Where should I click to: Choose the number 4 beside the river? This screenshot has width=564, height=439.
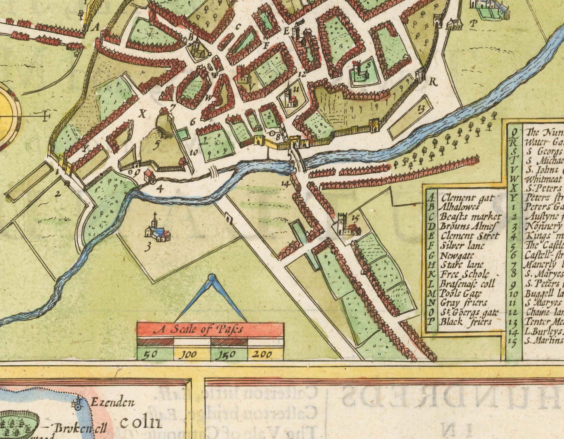pyautogui.click(x=160, y=189)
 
